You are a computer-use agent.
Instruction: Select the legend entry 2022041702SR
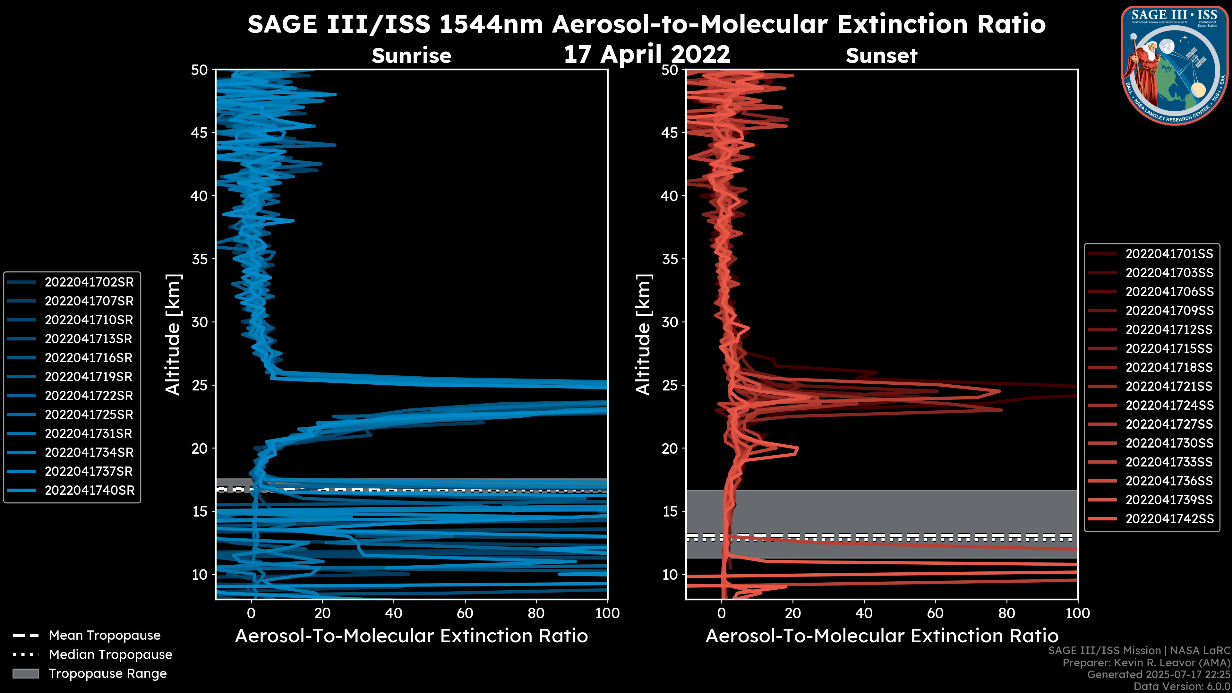89,282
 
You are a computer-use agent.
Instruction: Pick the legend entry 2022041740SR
90,490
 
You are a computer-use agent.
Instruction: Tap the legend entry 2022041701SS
1169,254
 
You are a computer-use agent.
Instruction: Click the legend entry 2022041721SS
1169,386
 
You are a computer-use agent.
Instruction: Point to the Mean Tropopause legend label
104,636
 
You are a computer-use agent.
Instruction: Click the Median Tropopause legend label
110,655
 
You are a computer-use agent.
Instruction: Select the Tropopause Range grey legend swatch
25,674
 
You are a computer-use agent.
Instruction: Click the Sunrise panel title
411,56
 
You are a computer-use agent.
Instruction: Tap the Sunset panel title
881,56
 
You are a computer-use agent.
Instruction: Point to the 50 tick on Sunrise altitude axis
200,70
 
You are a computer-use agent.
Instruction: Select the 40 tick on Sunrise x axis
394,613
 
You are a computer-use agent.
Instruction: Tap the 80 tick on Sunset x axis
1007,613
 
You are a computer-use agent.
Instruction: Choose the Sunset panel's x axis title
881,636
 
